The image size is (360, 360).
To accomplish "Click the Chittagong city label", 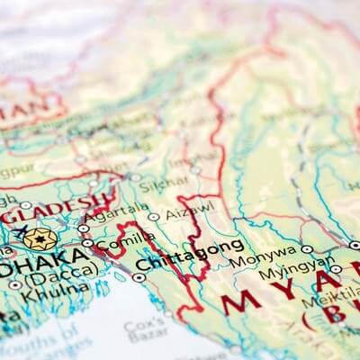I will pos(189,256).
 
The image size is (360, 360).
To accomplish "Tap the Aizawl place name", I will pos(193,206).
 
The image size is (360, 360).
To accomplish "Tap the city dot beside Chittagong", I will pos(139,277).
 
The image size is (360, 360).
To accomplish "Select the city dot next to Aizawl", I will pos(154,217).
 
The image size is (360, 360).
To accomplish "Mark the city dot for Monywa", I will pos(307,248).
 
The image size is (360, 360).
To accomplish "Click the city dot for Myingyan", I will pos(336,268).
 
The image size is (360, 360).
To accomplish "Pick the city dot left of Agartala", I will pos(84,229).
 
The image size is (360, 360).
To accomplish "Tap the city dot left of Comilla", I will pos(87,241).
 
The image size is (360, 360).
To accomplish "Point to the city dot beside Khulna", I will pos(15,284).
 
